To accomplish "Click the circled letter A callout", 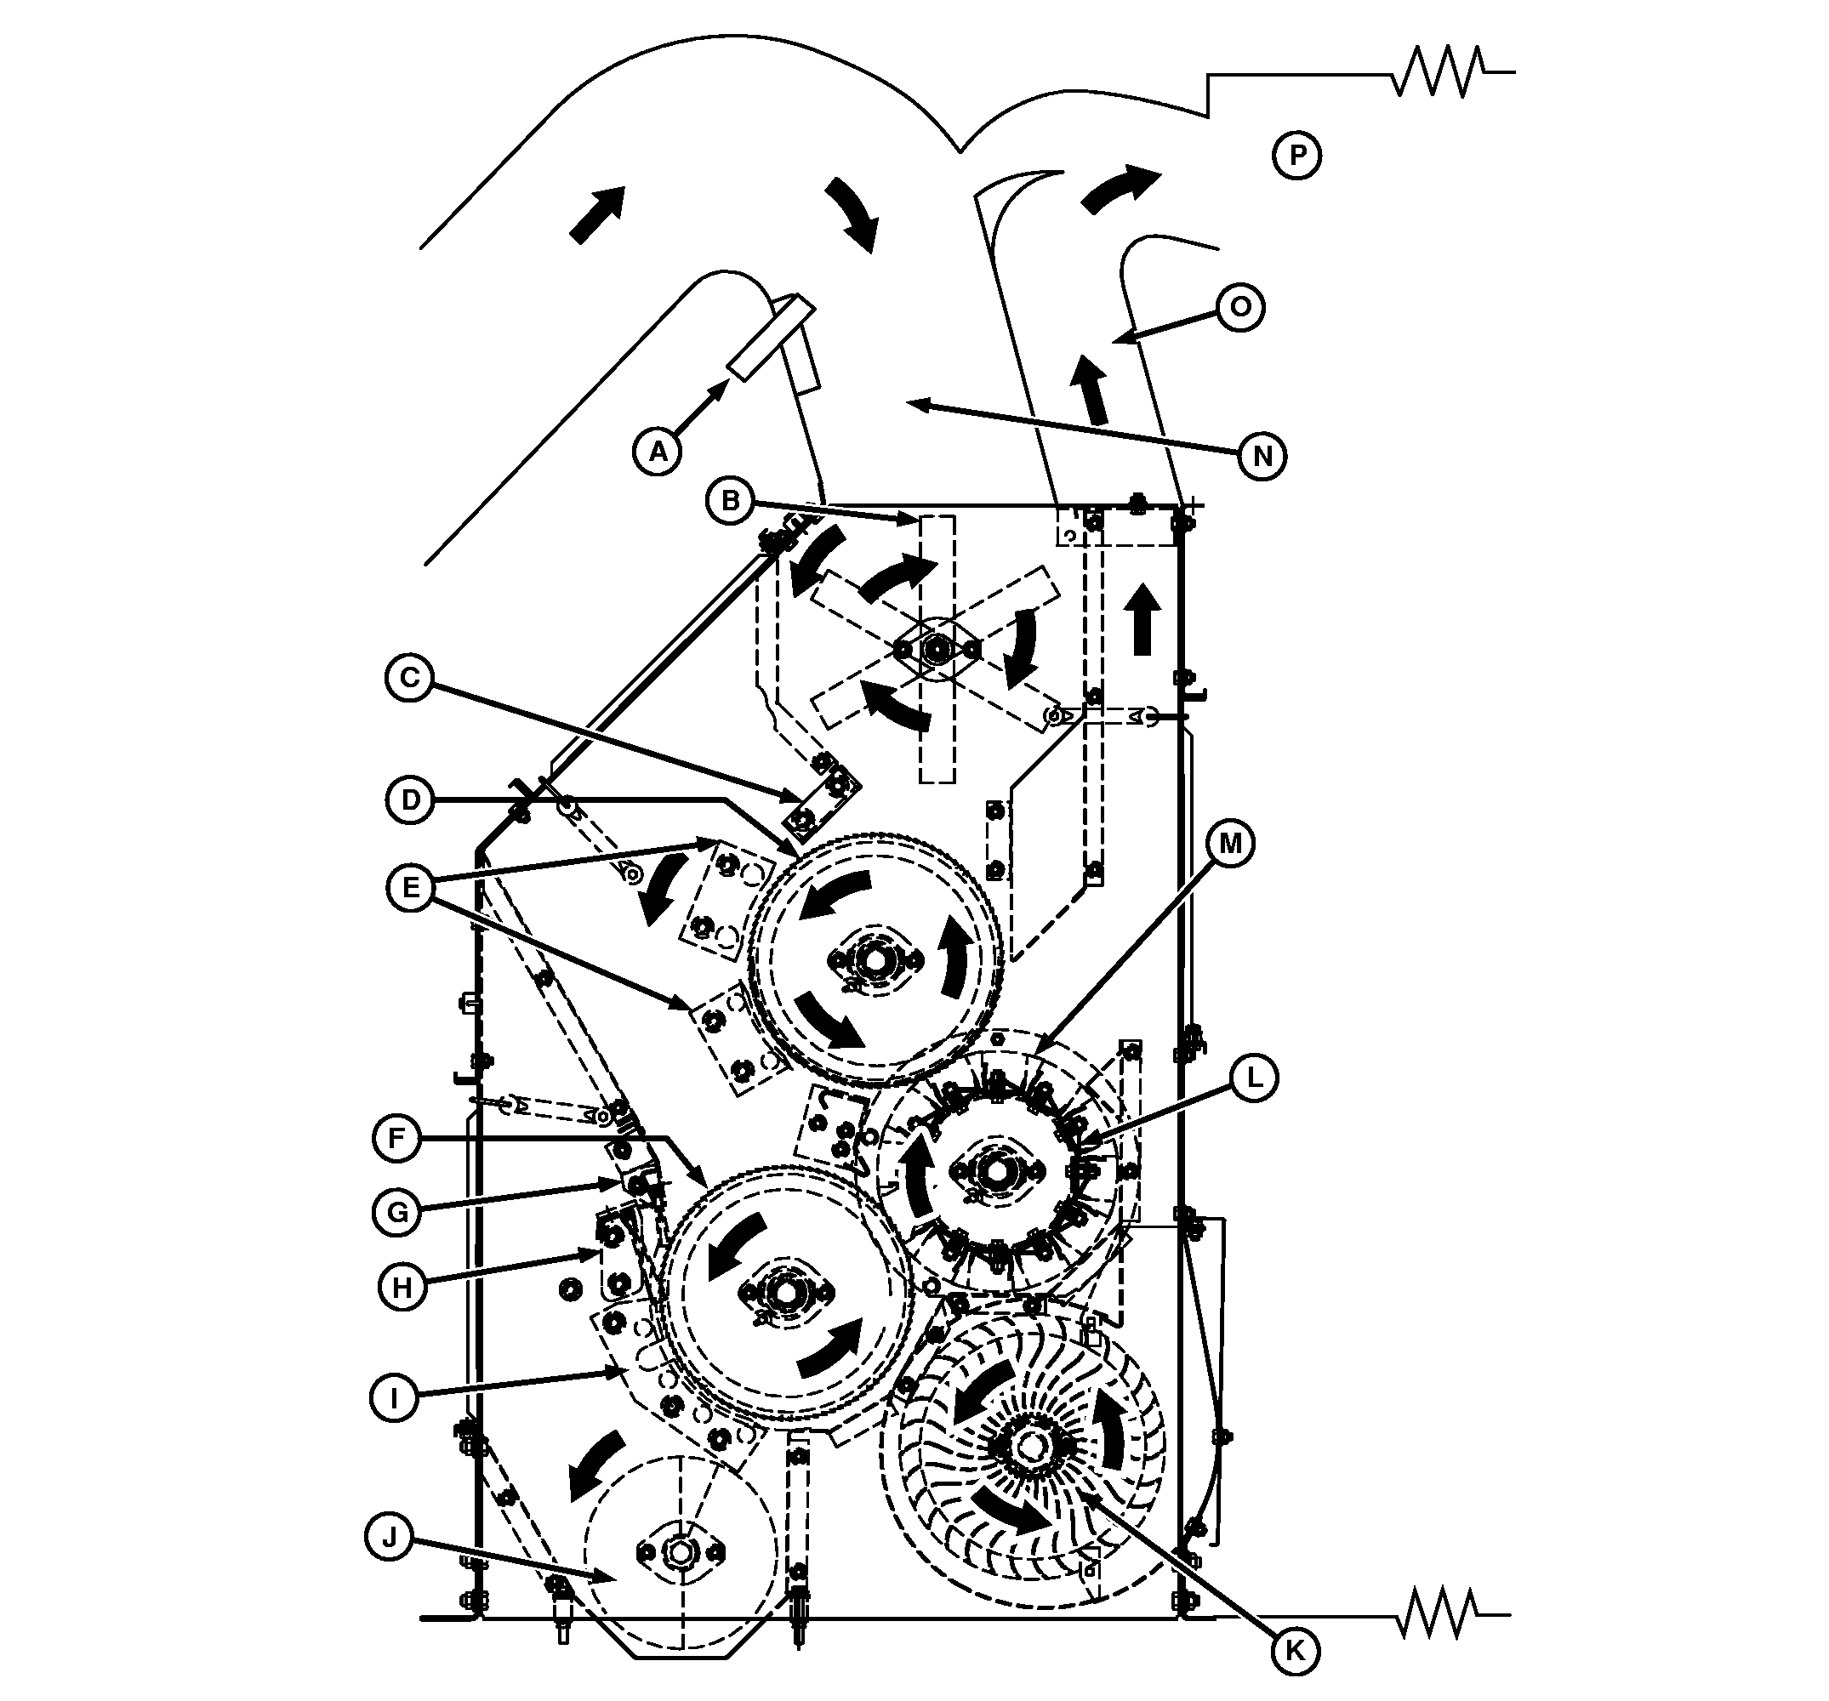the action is pyautogui.click(x=658, y=451).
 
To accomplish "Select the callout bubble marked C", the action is pyautogui.click(x=410, y=678).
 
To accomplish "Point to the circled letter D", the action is pyautogui.click(x=410, y=799).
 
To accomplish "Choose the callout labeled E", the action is pyautogui.click(x=410, y=888).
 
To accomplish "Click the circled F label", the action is pyautogui.click(x=396, y=1139).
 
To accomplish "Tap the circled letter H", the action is pyautogui.click(x=402, y=1286).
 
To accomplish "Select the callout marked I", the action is pyautogui.click(x=394, y=1398).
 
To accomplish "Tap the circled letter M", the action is pyautogui.click(x=1230, y=843).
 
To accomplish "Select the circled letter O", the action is pyautogui.click(x=1240, y=306).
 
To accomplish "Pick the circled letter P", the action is pyautogui.click(x=1297, y=156).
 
